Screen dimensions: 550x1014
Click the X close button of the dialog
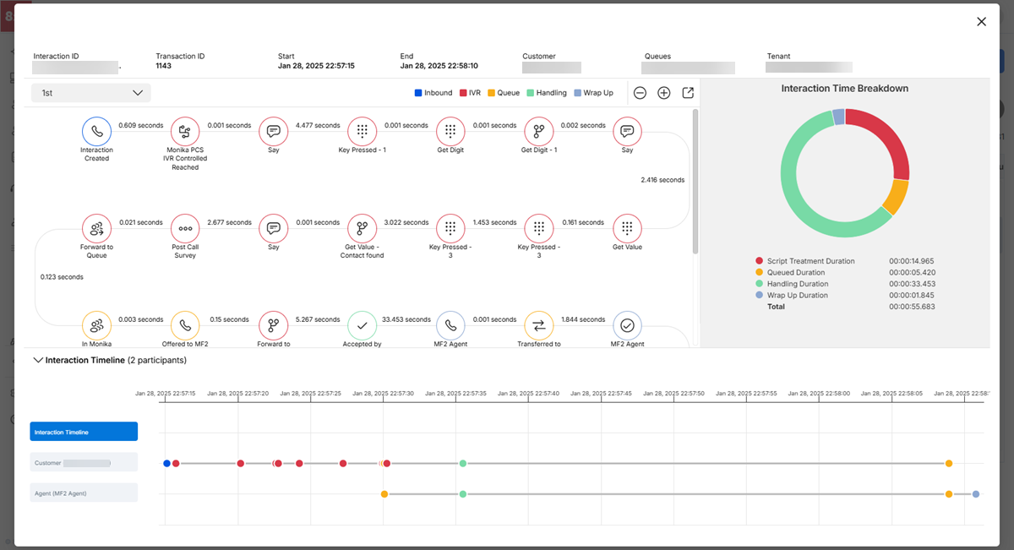981,22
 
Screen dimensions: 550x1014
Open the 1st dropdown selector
91,93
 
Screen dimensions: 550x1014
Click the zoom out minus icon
640,93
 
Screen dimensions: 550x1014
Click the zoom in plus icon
663,93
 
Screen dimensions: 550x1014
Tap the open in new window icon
688,93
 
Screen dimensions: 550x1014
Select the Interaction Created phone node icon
96,131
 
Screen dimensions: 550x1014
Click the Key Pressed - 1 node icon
362,131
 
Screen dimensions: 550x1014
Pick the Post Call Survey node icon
185,228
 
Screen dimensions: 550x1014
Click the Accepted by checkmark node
362,325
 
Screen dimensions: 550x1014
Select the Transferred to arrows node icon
539,325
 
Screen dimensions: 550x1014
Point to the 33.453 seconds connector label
406,319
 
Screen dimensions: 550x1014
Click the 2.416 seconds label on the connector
662,180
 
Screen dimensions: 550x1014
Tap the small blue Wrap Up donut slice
838,117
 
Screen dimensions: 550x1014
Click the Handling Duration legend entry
798,284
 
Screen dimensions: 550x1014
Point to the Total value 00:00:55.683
911,307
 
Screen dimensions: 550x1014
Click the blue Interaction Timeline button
84,432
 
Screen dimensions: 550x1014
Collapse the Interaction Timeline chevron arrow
37,360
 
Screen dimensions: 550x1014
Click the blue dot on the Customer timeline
166,463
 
